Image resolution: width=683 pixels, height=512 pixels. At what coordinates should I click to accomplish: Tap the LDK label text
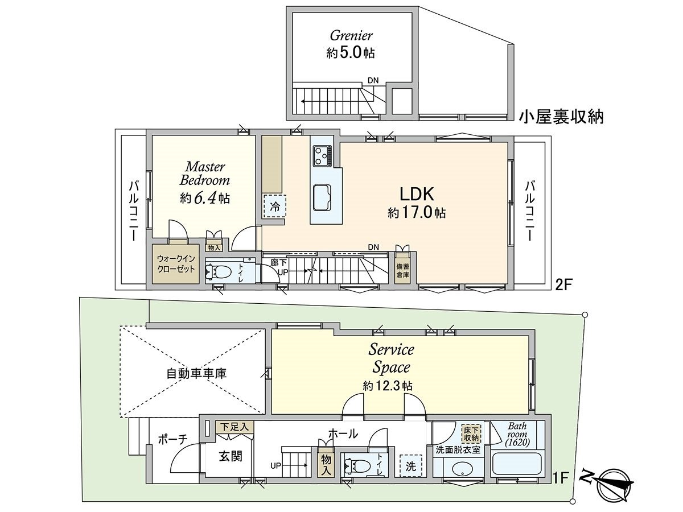tap(417, 194)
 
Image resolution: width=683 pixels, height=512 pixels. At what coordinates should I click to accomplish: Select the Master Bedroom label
tap(204, 174)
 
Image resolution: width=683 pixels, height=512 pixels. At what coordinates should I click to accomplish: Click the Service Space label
tap(391, 357)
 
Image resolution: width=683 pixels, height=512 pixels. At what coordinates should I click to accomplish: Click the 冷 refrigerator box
tap(275, 207)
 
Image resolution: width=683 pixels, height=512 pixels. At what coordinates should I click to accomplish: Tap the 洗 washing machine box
tap(410, 464)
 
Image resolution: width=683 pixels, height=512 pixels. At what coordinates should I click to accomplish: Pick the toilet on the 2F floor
tap(218, 272)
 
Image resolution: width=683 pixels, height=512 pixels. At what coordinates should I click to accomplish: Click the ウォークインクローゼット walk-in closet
tap(175, 263)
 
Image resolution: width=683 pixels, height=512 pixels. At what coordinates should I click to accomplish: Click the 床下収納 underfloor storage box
tap(471, 433)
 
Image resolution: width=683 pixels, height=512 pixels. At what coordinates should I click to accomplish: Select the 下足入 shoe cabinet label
tap(234, 426)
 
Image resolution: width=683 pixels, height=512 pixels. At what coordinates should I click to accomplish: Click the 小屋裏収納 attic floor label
tap(561, 117)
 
